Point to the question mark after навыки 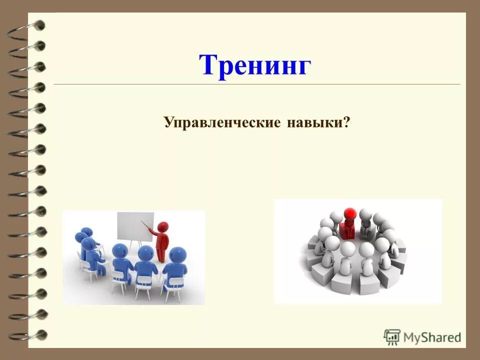[346, 122]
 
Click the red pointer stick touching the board [147, 222]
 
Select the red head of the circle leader [350, 214]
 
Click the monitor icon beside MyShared [391, 336]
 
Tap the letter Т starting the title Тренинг [208, 65]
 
